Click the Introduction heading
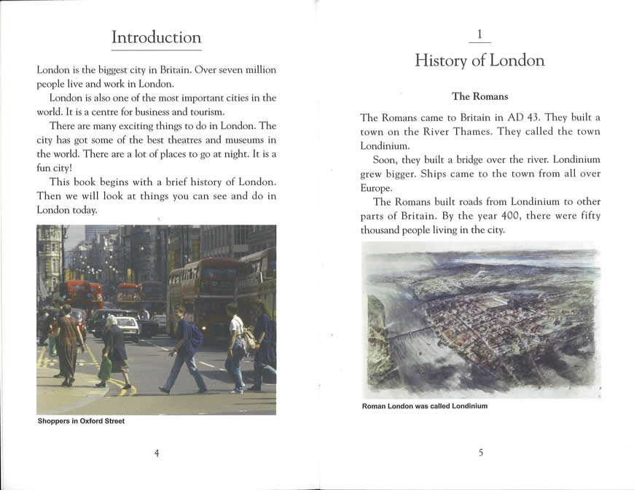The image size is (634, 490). [156, 37]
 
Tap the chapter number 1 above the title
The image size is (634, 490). [480, 34]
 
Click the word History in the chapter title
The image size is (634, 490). [441, 61]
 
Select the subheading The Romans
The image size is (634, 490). [480, 96]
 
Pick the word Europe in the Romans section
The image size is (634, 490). [376, 187]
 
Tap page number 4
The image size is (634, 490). [156, 453]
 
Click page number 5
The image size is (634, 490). [480, 453]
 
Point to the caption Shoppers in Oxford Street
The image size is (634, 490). [81, 421]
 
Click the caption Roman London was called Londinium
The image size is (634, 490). [424, 406]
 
